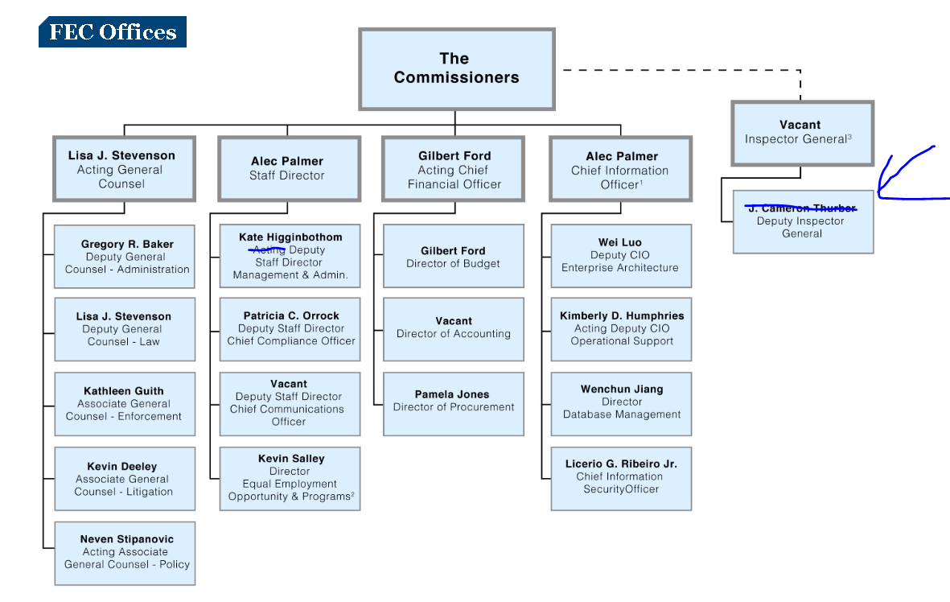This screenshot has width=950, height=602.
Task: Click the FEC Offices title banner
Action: [113, 32]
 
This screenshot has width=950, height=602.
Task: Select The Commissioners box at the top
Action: [456, 68]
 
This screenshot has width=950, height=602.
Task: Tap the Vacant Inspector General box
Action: [802, 133]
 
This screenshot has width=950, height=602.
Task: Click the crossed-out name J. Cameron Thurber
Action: [802, 208]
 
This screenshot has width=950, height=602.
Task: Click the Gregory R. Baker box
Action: [125, 257]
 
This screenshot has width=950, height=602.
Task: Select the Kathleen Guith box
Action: [125, 404]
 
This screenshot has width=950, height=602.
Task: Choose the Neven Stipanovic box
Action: [125, 553]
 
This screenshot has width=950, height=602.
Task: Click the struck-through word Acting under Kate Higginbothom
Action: [269, 250]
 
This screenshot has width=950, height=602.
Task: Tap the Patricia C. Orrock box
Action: [290, 328]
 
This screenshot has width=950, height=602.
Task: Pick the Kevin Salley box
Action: [290, 478]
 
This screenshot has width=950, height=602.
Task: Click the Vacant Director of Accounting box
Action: [454, 328]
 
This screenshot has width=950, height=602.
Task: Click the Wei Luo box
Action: [620, 256]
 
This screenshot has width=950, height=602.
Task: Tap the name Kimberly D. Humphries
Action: [621, 315]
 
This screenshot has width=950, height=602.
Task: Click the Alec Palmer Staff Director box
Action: [288, 169]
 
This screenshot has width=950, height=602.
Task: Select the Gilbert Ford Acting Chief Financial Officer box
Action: [454, 169]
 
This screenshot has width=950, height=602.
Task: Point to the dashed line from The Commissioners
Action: [684, 71]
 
